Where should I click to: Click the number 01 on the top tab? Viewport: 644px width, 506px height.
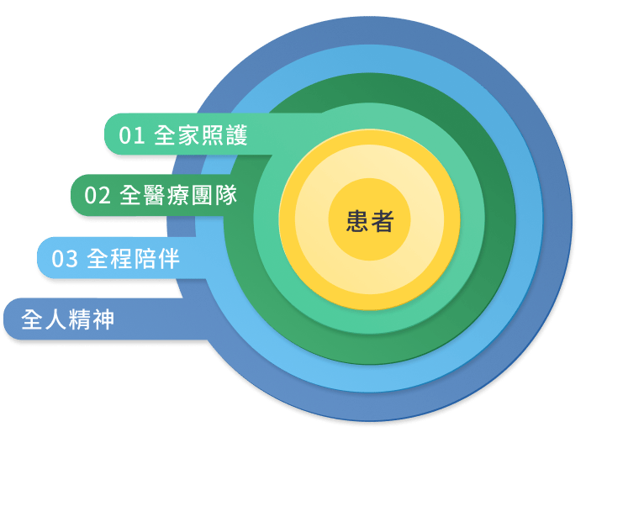(x=132, y=135)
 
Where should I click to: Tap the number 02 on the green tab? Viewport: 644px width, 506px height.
(x=98, y=195)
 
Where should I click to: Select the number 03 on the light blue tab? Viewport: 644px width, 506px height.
(x=65, y=259)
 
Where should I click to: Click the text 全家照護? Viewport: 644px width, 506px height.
(x=201, y=135)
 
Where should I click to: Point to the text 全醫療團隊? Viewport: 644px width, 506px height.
(x=178, y=195)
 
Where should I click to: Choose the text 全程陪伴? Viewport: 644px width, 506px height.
(x=134, y=259)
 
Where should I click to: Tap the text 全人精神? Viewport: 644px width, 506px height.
(x=68, y=319)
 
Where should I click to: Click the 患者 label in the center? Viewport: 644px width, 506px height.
(x=370, y=221)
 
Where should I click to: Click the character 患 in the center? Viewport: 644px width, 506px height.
(x=357, y=221)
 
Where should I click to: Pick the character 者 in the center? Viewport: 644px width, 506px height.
(x=383, y=221)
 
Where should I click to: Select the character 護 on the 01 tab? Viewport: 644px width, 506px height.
(x=236, y=135)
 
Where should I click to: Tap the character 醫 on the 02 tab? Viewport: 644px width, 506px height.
(x=155, y=195)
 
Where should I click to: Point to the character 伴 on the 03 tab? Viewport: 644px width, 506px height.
(x=169, y=259)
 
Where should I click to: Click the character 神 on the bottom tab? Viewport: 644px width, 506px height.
(x=103, y=319)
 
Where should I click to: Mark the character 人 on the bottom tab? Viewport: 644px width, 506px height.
(x=55, y=319)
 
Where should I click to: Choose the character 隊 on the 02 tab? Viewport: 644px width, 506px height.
(x=226, y=195)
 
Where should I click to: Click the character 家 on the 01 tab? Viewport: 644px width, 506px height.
(x=189, y=135)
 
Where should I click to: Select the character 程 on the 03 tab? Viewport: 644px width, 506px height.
(x=122, y=259)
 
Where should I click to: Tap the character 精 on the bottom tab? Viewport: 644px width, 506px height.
(x=80, y=319)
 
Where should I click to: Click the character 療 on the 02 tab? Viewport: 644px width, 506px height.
(x=178, y=195)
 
